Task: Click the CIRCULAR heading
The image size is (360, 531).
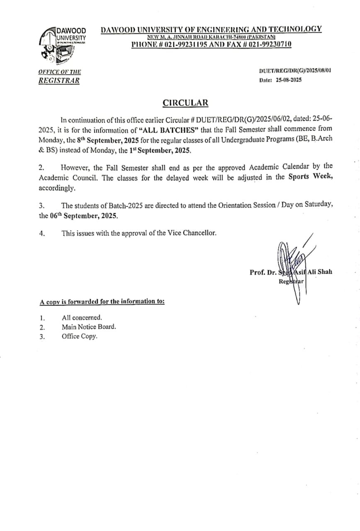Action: pyautogui.click(x=185, y=103)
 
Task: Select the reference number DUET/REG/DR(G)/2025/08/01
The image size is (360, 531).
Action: pyautogui.click(x=295, y=71)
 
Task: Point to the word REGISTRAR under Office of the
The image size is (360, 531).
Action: pyautogui.click(x=58, y=81)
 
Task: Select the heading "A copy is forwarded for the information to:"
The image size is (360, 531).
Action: pyautogui.click(x=102, y=302)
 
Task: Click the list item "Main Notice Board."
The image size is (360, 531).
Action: pyautogui.click(x=89, y=327)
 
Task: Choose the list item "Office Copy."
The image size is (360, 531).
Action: pyautogui.click(x=79, y=336)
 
